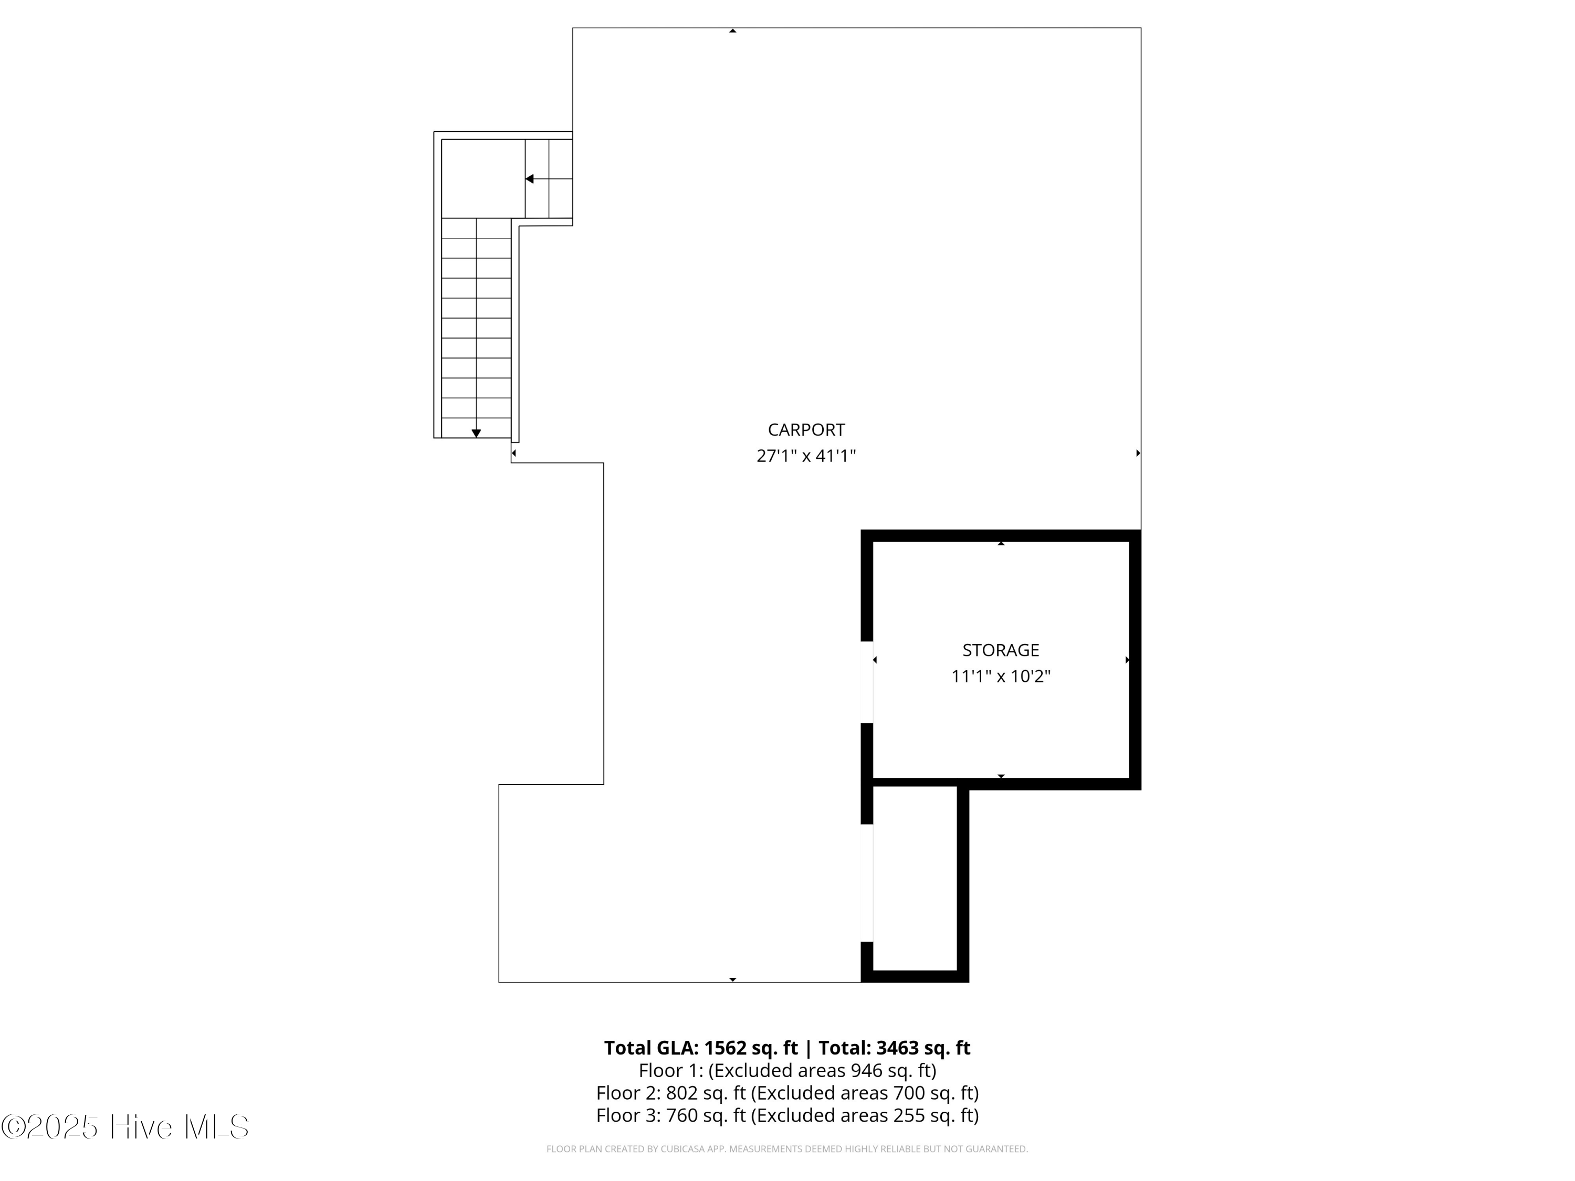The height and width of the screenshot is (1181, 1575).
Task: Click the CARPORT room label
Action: click(x=806, y=430)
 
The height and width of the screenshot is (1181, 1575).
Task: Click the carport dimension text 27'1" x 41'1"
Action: click(x=806, y=456)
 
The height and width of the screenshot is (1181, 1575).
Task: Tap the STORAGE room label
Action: click(x=1001, y=650)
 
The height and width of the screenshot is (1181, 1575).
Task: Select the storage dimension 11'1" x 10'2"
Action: click(x=1001, y=676)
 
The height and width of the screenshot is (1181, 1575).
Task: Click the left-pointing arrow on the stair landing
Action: click(x=530, y=178)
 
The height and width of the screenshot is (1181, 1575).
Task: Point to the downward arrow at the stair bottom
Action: click(x=476, y=433)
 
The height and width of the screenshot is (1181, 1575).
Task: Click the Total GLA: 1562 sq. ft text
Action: click(x=701, y=1048)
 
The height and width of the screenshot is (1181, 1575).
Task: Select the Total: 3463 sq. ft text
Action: click(x=894, y=1048)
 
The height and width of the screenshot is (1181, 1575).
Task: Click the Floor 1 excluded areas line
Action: click(x=787, y=1071)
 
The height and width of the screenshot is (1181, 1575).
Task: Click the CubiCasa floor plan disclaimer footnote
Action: click(x=787, y=1149)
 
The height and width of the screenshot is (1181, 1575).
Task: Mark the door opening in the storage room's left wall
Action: click(x=867, y=682)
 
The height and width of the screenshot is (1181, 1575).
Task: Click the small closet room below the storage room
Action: click(x=915, y=878)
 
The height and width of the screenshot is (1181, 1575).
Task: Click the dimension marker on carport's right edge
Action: click(x=1138, y=453)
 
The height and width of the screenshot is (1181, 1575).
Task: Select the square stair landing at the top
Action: click(x=483, y=178)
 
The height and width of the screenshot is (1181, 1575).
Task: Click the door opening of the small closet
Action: click(x=867, y=883)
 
